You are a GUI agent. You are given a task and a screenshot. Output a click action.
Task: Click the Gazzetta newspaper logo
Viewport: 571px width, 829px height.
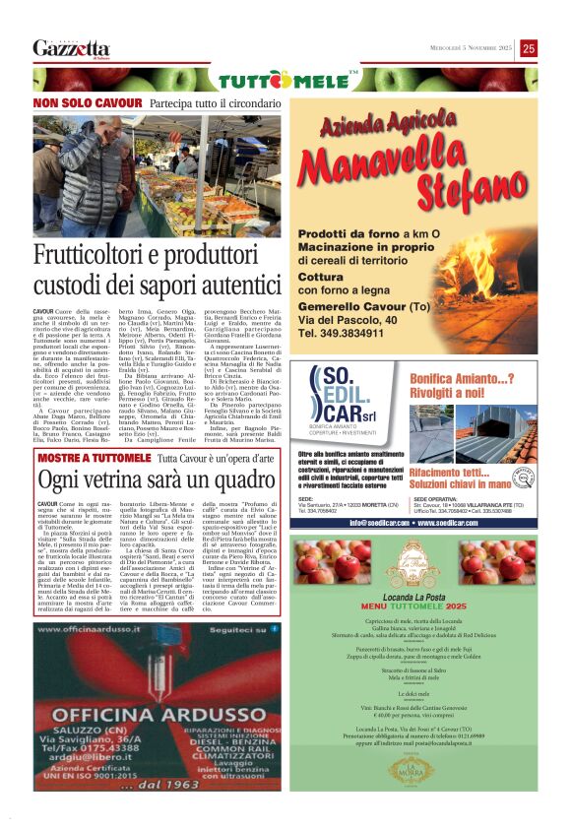tap(71, 47)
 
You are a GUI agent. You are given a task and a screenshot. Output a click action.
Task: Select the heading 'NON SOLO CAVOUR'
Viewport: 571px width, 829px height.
tap(88, 102)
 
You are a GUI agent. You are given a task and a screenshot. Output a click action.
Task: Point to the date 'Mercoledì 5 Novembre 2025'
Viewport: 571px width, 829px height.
tap(461, 47)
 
